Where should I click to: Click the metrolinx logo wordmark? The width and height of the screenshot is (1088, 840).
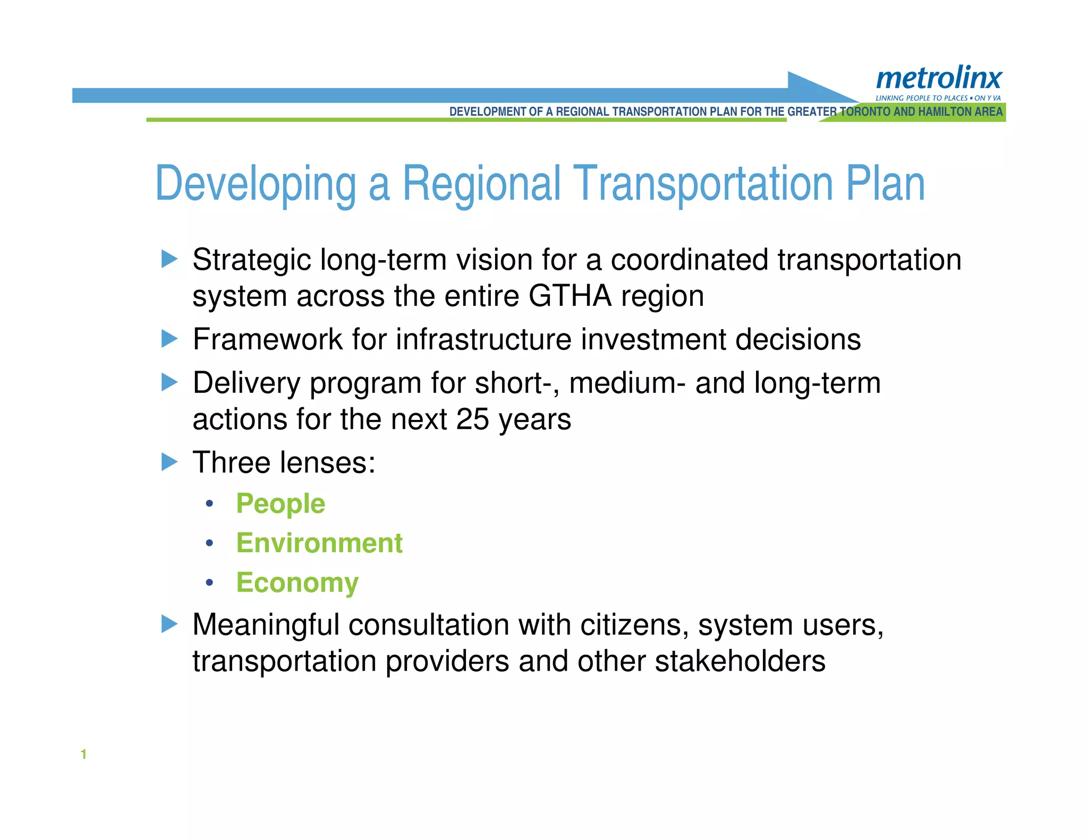939,79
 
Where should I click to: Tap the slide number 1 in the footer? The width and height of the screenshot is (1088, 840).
83,754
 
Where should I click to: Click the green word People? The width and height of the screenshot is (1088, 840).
280,503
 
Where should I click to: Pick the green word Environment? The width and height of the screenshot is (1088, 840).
319,543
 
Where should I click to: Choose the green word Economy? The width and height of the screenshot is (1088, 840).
297,582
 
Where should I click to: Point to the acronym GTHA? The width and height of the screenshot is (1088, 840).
570,296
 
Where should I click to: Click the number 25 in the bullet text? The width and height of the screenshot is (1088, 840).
472,419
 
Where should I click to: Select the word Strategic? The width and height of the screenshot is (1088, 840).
252,260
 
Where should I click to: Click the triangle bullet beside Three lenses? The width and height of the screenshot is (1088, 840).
169,461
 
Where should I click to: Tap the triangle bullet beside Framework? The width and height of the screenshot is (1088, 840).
169,338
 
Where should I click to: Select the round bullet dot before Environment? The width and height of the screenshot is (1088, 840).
210,543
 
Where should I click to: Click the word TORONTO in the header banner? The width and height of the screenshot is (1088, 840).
865,112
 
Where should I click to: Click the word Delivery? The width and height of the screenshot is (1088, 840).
246,383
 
